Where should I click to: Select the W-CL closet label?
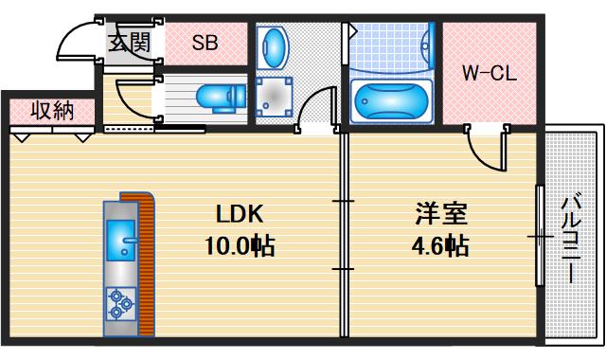click(x=488, y=73)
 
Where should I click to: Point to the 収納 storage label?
click(x=51, y=110)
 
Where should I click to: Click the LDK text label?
click(x=239, y=212)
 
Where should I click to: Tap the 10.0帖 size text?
click(x=239, y=246)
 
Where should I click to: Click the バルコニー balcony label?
click(x=570, y=237)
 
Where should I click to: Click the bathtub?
click(x=390, y=99)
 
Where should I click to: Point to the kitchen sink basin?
click(x=121, y=240)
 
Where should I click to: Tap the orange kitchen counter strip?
click(x=145, y=265)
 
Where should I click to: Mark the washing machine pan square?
click(x=275, y=97)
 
